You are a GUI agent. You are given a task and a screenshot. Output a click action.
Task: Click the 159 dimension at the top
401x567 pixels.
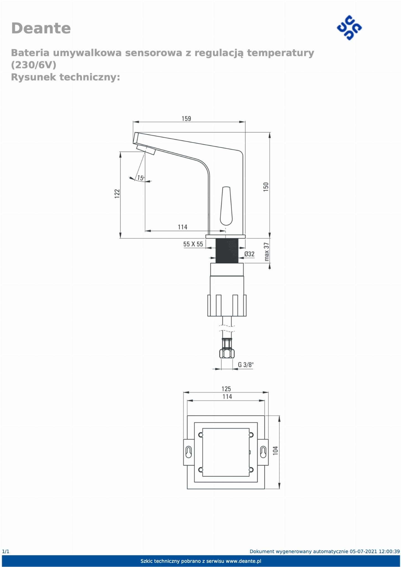[186, 119]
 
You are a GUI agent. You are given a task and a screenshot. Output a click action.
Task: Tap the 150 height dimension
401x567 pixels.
[266, 187]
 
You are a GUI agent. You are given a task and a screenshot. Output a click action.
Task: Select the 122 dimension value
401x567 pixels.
[117, 193]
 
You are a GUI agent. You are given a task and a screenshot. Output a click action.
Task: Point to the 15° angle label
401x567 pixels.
[141, 178]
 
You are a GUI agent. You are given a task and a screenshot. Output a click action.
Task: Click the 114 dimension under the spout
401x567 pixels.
[182, 227]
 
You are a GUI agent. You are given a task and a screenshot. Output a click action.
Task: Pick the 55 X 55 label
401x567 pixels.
[193, 244]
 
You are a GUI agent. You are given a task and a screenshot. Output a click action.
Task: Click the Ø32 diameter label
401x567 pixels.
[249, 254]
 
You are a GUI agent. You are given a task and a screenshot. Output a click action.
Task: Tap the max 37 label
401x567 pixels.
[267, 252]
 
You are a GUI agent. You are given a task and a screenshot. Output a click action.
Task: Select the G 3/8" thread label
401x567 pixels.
[246, 365]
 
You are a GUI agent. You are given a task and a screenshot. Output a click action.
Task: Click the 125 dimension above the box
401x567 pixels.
[226, 389]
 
